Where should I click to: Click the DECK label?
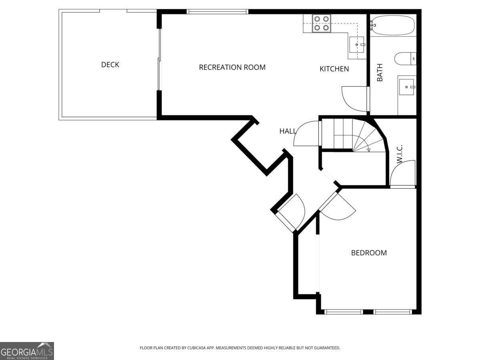(x=110, y=65)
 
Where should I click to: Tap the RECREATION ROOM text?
(x=232, y=67)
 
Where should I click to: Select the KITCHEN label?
(x=334, y=69)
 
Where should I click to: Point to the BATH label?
(x=380, y=73)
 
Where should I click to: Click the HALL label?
(x=288, y=131)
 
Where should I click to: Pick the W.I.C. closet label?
(x=399, y=154)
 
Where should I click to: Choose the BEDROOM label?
(x=369, y=253)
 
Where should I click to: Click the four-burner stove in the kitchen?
(x=321, y=23)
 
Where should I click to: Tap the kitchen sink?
(x=356, y=44)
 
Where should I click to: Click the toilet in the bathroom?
(x=405, y=59)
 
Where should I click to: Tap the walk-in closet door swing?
(x=403, y=174)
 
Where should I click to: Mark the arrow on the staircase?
(x=368, y=149)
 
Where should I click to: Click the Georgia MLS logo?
(x=27, y=351)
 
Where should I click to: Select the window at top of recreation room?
(x=218, y=12)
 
